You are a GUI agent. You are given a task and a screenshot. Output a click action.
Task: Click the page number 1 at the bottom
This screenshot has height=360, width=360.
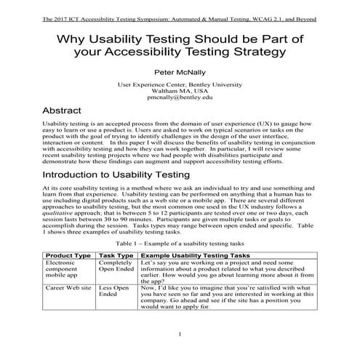(x=180, y=334)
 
